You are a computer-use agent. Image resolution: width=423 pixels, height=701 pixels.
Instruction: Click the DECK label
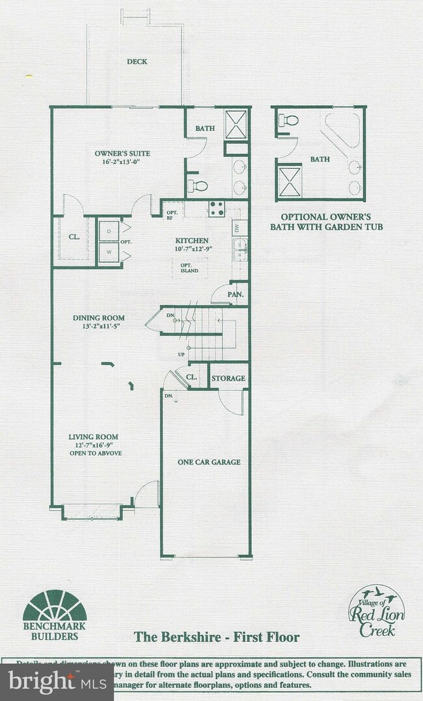(x=137, y=62)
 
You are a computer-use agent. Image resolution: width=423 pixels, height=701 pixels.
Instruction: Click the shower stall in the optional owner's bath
(x=288, y=180)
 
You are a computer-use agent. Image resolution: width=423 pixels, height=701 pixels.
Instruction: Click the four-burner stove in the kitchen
(x=216, y=208)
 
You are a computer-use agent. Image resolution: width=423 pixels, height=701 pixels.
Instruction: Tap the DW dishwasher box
(x=238, y=228)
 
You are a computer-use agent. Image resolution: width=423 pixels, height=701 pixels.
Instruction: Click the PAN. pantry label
(x=236, y=294)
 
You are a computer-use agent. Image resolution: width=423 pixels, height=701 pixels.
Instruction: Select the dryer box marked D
(x=108, y=231)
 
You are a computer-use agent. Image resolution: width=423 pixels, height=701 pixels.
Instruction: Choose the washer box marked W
(x=108, y=252)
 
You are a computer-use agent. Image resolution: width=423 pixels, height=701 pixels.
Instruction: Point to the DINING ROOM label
(x=98, y=318)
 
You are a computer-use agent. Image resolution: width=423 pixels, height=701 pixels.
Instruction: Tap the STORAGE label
(x=228, y=379)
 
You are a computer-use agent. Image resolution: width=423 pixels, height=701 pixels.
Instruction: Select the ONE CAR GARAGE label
(x=209, y=462)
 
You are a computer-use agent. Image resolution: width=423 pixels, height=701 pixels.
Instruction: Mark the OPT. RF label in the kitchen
(x=172, y=216)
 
